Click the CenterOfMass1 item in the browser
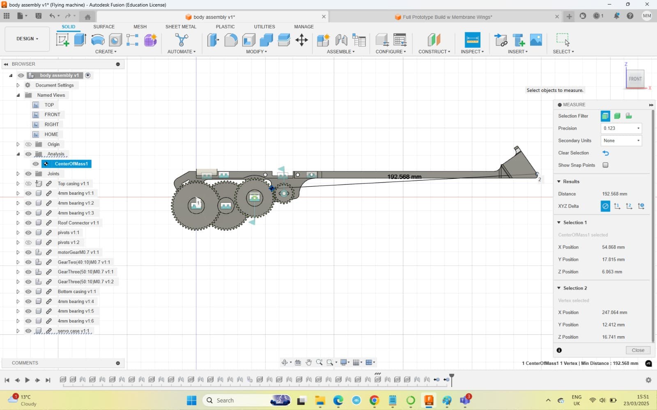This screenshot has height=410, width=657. tap(71, 164)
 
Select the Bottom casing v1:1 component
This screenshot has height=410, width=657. tap(77, 292)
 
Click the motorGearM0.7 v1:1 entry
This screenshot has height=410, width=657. tap(78, 252)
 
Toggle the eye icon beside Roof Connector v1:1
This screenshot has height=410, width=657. tap(28, 223)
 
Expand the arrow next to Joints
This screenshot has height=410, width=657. tap(18, 174)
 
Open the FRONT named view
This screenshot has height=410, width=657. tap(52, 114)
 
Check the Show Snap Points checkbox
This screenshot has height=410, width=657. tap(605, 165)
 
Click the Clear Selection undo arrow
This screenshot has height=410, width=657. tap(605, 153)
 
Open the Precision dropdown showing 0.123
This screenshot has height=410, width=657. tap(621, 128)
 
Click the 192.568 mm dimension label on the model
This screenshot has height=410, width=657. tap(404, 177)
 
